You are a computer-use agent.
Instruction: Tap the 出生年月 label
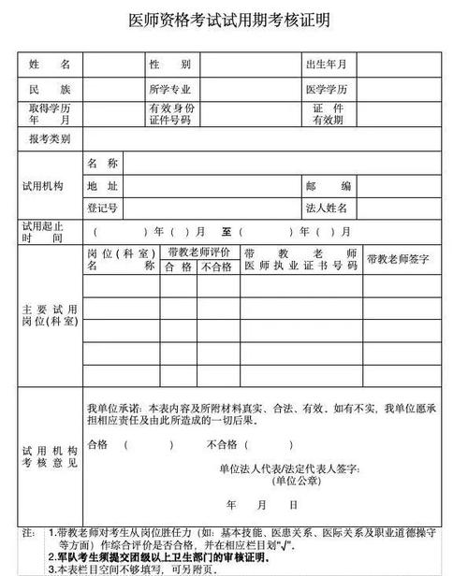[326, 65]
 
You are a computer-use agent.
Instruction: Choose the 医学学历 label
[326, 90]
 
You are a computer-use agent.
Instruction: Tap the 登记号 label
[102, 208]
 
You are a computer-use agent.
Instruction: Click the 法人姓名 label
[326, 208]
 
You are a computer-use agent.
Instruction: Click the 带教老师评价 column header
[199, 252]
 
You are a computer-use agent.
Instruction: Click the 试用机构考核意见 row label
[50, 458]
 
